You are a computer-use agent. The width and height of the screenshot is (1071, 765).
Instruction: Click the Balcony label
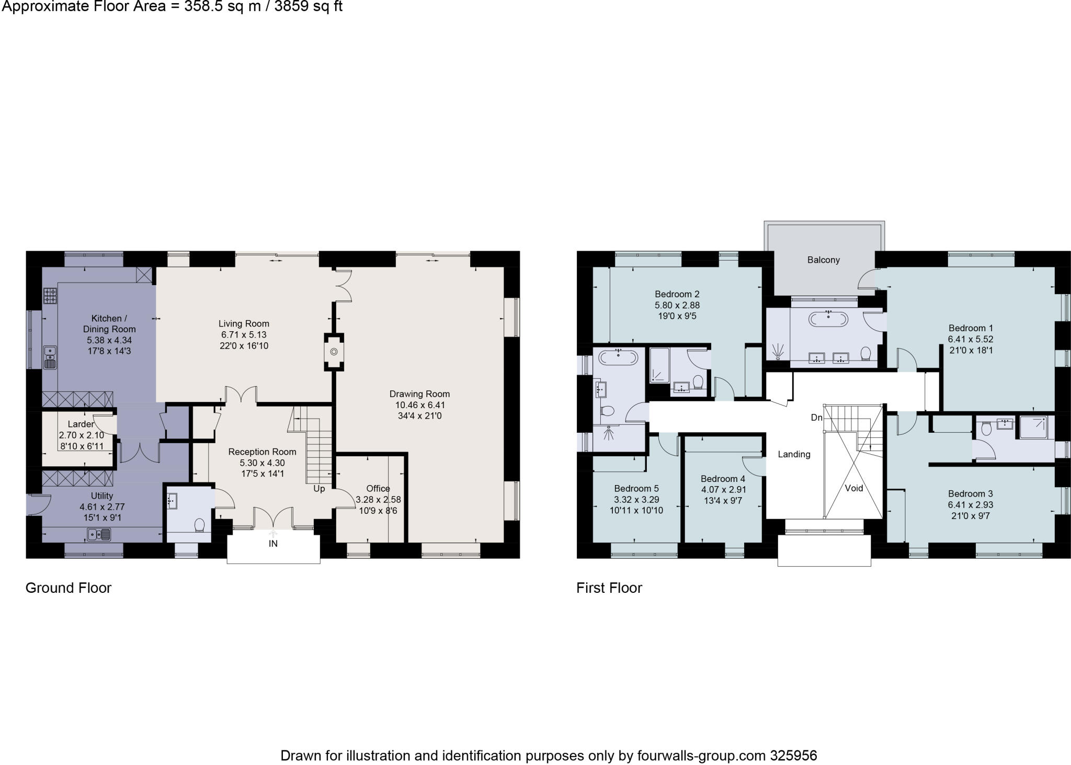point(823,260)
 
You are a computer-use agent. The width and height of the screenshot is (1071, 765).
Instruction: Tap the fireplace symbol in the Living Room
point(334,352)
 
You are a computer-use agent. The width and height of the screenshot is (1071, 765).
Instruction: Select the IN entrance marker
point(273,544)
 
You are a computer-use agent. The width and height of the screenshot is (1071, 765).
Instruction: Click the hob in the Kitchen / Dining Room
point(50,296)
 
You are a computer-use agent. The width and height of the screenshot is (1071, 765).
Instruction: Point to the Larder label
point(81,424)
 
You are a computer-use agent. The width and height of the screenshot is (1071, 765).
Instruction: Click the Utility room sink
point(99,534)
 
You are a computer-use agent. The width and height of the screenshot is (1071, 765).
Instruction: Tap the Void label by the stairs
point(854,488)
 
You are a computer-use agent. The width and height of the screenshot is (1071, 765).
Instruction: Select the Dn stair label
point(816,418)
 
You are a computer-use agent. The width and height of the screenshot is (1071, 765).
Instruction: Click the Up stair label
point(319,489)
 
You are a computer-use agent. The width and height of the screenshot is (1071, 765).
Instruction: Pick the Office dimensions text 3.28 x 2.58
point(378,500)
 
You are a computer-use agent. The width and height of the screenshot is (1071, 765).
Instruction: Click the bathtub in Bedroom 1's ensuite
point(828,318)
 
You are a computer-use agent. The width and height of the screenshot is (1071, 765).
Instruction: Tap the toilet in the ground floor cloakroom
point(199,525)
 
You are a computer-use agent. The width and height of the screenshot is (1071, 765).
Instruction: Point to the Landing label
point(794,454)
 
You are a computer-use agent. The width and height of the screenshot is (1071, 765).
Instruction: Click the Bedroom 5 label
point(636,489)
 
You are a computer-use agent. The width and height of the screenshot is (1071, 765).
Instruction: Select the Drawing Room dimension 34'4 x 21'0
point(419,416)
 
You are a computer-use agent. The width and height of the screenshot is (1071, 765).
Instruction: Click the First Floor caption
point(609,588)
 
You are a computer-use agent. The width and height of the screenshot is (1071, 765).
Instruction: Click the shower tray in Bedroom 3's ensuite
point(1033,428)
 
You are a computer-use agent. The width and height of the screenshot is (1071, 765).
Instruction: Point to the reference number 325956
point(793,756)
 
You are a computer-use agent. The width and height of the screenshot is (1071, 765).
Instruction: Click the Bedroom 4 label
point(723,479)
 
